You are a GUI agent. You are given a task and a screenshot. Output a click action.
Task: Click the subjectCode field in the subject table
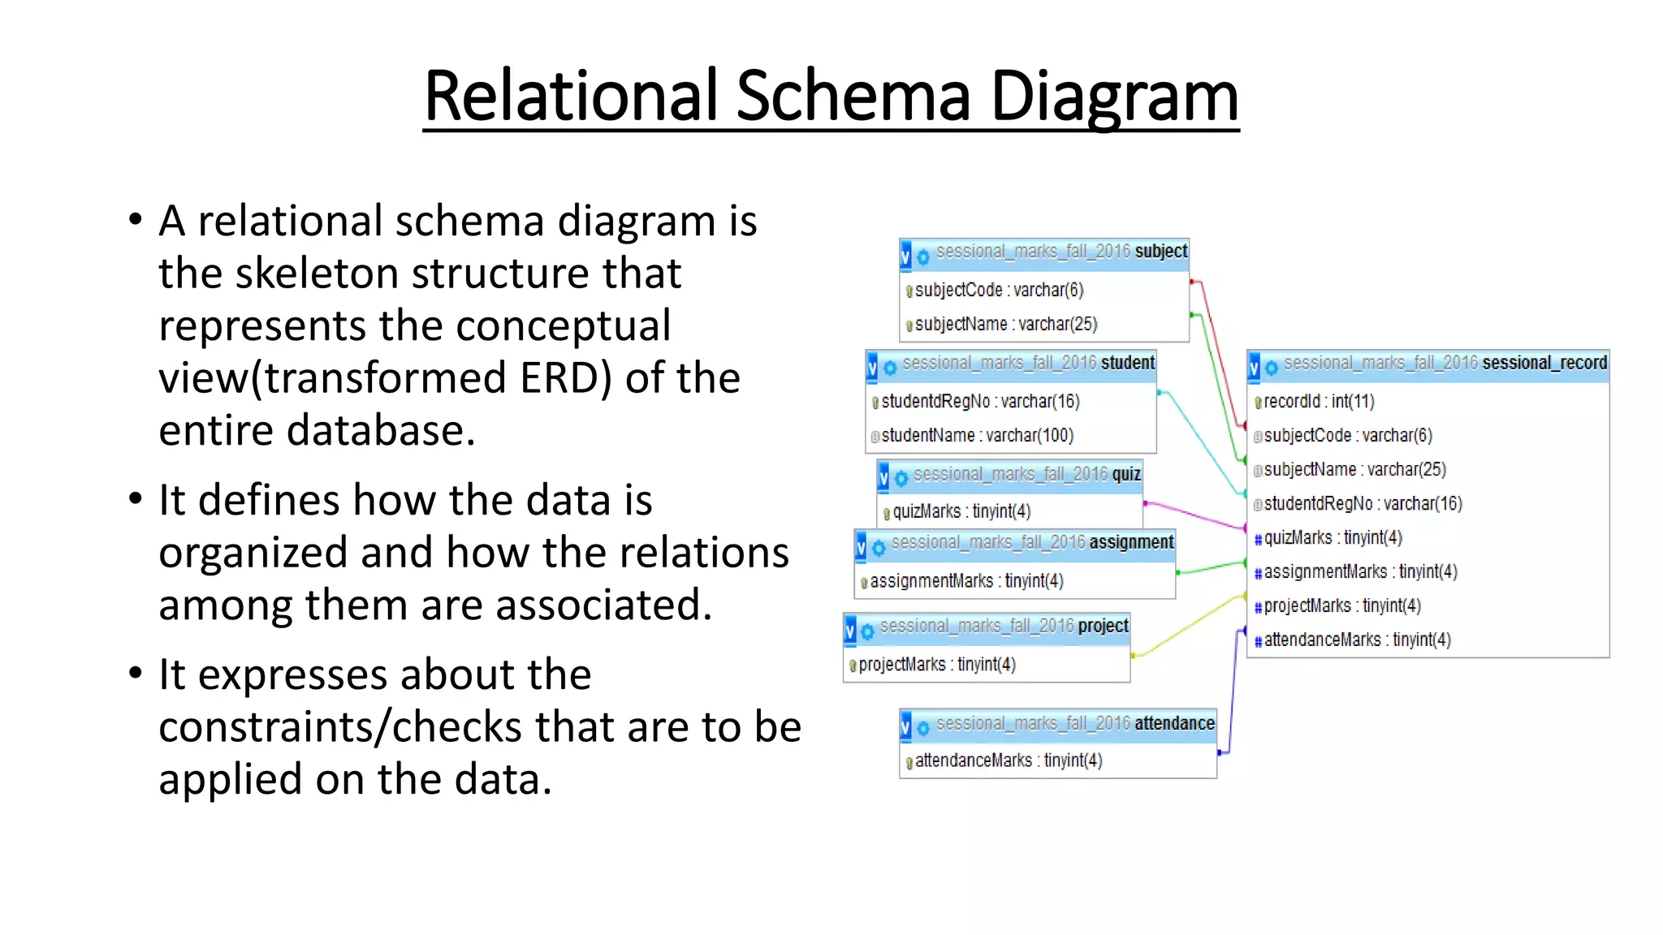(999, 291)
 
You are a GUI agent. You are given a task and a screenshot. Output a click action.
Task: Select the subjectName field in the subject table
(1005, 325)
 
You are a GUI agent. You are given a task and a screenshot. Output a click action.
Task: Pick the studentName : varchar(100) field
(977, 436)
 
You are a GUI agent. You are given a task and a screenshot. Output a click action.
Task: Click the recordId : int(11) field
(1318, 402)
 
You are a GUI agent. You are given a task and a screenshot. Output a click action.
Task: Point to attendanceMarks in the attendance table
(1008, 761)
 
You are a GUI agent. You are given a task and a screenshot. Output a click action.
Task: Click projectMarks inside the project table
(936, 665)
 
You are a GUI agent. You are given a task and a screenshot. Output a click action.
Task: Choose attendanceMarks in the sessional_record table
(1357, 640)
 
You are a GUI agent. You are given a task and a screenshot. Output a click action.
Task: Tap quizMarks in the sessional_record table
(1333, 538)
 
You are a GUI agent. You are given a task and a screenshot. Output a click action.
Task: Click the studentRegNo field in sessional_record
(1363, 504)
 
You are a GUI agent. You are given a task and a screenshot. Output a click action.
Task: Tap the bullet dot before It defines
(136, 498)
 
